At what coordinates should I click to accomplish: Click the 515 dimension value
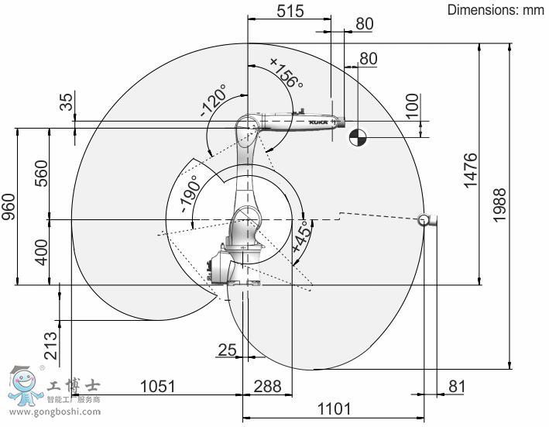pyautogui.click(x=290, y=11)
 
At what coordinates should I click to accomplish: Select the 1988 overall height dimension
pyautogui.click(x=499, y=205)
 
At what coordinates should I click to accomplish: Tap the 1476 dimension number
pyautogui.click(x=471, y=170)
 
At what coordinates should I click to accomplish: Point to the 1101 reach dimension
pyautogui.click(x=334, y=408)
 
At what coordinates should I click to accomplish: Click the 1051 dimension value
pyautogui.click(x=157, y=387)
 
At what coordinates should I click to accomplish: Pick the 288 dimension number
pyautogui.click(x=267, y=387)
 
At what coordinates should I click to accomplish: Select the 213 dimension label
pyautogui.click(x=51, y=346)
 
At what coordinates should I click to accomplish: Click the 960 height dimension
pyautogui.click(x=9, y=207)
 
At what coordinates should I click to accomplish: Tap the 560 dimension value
pyautogui.click(x=41, y=174)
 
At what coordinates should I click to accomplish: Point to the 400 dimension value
pyautogui.click(x=41, y=252)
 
